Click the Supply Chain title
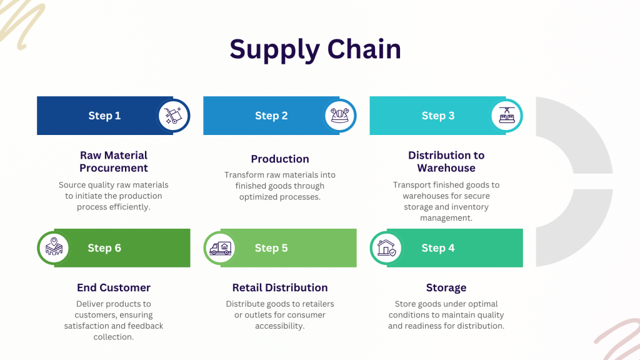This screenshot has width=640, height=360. (315, 49)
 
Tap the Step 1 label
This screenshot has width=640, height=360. (104, 116)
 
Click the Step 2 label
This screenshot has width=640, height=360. (271, 116)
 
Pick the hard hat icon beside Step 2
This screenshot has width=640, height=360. (340, 116)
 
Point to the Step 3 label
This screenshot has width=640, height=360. (438, 116)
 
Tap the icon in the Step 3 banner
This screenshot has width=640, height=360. (506, 116)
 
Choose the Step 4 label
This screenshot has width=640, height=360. (438, 248)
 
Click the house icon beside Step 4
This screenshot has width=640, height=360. (386, 248)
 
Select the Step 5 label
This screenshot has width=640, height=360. (271, 248)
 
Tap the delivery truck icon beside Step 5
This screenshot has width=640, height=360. (220, 248)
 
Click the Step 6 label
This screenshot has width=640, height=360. (104, 248)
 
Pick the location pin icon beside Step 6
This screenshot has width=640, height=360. (53, 247)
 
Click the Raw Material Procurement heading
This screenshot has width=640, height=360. (114, 161)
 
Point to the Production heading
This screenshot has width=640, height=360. (280, 159)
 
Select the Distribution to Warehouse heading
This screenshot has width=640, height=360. (446, 161)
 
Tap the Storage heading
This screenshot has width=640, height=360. (446, 287)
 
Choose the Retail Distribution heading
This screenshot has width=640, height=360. (280, 287)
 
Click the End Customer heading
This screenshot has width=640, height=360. (114, 287)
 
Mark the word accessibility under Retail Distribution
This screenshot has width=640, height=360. (279, 326)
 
